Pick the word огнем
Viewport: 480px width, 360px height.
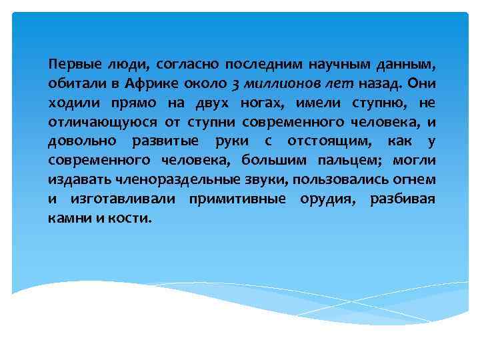pos(414,179)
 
